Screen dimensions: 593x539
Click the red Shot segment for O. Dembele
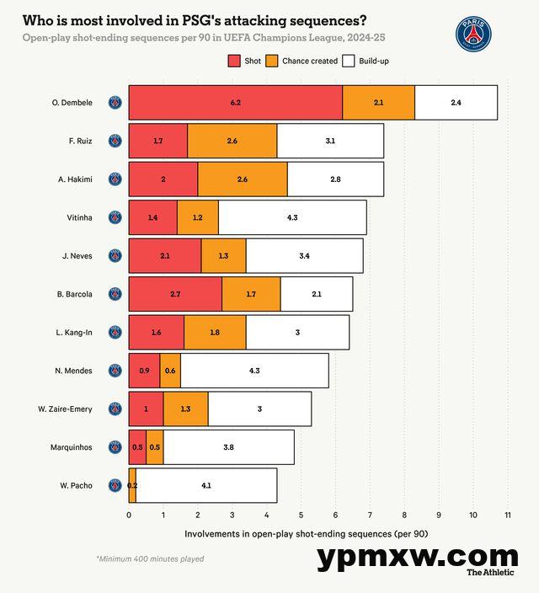tap(235, 102)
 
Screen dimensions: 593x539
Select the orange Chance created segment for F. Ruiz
tap(232, 141)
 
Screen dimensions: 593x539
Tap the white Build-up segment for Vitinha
tap(292, 217)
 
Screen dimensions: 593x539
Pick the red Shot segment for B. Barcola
tap(175, 294)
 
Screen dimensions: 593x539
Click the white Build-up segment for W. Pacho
tap(206, 485)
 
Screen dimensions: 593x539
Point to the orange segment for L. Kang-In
tap(215, 332)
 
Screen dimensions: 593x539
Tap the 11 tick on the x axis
tap(508, 514)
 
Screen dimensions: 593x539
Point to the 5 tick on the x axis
tap(301, 514)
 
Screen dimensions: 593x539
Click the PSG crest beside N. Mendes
tap(115, 371)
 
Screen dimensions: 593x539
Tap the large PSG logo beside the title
tap(473, 33)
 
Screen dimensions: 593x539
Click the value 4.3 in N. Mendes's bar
tap(254, 371)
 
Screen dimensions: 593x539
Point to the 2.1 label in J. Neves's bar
tap(165, 255)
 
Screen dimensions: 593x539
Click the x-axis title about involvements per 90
tap(306, 534)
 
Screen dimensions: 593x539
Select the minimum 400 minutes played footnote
tap(150, 558)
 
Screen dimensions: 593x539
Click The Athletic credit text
tap(493, 573)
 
